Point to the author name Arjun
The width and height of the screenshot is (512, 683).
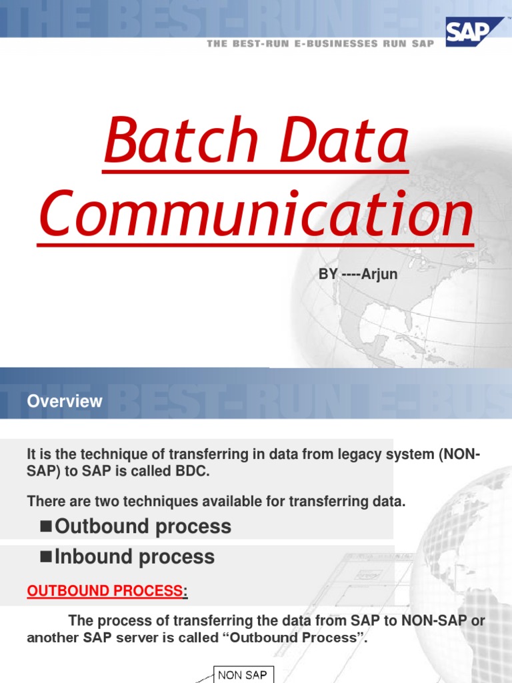[379, 275]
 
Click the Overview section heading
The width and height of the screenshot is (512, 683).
[65, 401]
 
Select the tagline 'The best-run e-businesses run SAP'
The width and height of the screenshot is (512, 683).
[320, 43]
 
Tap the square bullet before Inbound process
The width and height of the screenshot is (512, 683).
[46, 556]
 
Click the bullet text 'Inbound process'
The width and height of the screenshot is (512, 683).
[135, 557]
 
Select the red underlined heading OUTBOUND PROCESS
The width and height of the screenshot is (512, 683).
[104, 591]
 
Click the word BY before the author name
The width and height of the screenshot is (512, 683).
[329, 275]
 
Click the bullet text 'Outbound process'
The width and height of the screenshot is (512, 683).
[143, 526]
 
